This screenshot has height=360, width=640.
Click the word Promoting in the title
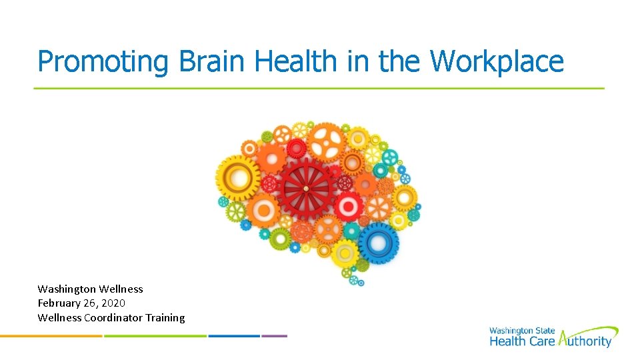[x=103, y=62]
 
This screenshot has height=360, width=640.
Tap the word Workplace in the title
[x=497, y=62]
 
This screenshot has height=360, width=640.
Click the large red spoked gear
[x=306, y=189]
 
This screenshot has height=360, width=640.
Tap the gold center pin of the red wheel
[x=306, y=189]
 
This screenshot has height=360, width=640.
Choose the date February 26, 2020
[x=81, y=303]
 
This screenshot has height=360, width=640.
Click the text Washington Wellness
[x=90, y=289]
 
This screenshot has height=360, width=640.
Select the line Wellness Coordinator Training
[x=111, y=318]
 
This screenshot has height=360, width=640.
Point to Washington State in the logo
[x=522, y=331]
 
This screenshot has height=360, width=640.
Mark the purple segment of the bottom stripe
[x=275, y=336]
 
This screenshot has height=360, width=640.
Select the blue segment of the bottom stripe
[x=233, y=336]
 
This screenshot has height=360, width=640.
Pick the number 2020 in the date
[x=113, y=303]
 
